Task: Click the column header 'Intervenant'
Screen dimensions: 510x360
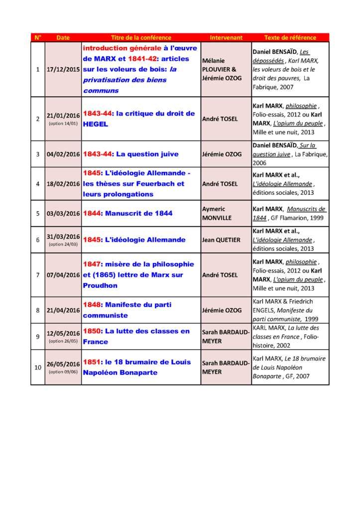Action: [x=226, y=38]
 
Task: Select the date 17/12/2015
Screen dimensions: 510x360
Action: [x=63, y=69]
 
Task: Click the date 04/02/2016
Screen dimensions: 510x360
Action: [x=63, y=154]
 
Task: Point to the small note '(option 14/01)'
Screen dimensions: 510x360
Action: [x=63, y=123]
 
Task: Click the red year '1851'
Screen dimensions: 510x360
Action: [x=93, y=363]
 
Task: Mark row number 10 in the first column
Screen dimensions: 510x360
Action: [x=38, y=368]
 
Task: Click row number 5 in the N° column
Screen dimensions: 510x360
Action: [x=38, y=213]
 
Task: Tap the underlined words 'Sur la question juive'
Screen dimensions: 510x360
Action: [x=293, y=150]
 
